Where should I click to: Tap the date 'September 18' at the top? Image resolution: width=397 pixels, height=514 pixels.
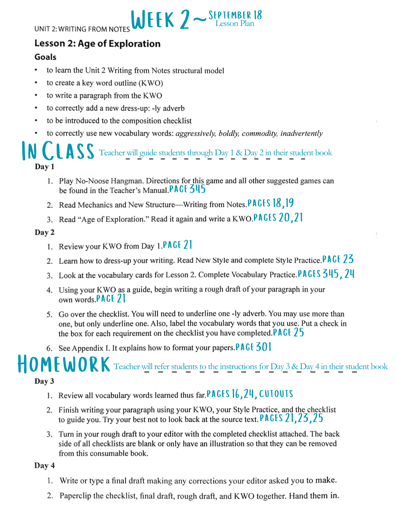point(235,15)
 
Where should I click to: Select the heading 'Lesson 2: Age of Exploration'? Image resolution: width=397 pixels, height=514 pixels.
point(97,43)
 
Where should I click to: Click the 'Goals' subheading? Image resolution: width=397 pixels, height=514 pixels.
point(45,57)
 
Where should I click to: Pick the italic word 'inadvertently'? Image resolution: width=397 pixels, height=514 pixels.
point(301,133)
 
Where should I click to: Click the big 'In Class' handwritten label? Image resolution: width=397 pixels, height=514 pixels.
point(58,151)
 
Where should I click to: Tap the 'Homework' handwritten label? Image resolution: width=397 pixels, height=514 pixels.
point(64,364)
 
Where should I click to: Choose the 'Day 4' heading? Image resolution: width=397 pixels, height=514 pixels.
point(45,465)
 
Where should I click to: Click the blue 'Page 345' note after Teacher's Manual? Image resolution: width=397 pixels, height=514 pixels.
point(188,189)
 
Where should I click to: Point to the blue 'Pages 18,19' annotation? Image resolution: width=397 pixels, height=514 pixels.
point(271,203)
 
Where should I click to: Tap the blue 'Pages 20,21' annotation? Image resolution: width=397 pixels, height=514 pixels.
point(278,218)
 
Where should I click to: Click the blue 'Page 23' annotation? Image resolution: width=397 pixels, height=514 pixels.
point(338,259)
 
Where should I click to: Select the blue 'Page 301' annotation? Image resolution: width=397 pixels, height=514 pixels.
point(253,347)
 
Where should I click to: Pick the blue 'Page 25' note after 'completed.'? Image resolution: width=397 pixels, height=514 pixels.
point(288,332)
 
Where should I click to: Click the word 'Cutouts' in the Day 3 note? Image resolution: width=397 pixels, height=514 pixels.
point(276,394)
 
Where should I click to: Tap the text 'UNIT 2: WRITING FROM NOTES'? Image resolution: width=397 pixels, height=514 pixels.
point(82,29)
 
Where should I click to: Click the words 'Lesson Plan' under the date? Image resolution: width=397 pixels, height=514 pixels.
point(235,24)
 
